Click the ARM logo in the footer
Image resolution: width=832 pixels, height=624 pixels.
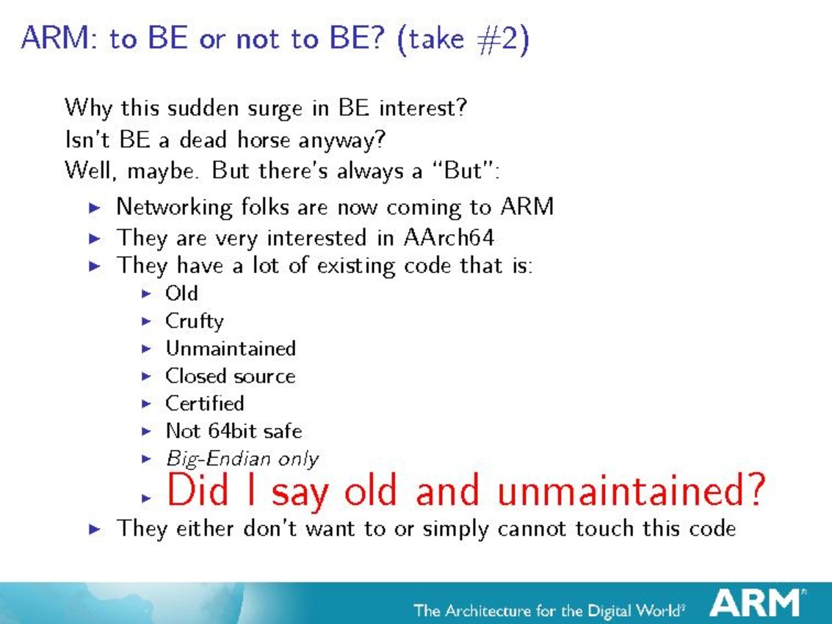757,603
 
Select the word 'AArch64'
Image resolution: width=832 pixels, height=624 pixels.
449,237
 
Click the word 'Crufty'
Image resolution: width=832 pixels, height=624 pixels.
194,321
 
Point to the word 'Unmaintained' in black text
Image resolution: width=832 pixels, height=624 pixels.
231,348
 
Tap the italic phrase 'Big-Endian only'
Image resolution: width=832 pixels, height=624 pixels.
242,458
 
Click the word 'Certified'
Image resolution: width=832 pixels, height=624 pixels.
205,403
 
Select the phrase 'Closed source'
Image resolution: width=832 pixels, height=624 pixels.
231,376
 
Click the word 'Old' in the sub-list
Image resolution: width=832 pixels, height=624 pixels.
181,293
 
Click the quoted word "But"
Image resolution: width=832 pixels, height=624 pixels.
464,170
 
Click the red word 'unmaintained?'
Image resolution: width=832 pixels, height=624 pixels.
632,490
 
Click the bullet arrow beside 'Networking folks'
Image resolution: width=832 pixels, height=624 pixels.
95,208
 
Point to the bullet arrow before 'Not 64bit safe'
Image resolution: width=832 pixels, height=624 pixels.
146,432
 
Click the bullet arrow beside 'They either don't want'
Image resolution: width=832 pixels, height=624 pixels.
95,529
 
